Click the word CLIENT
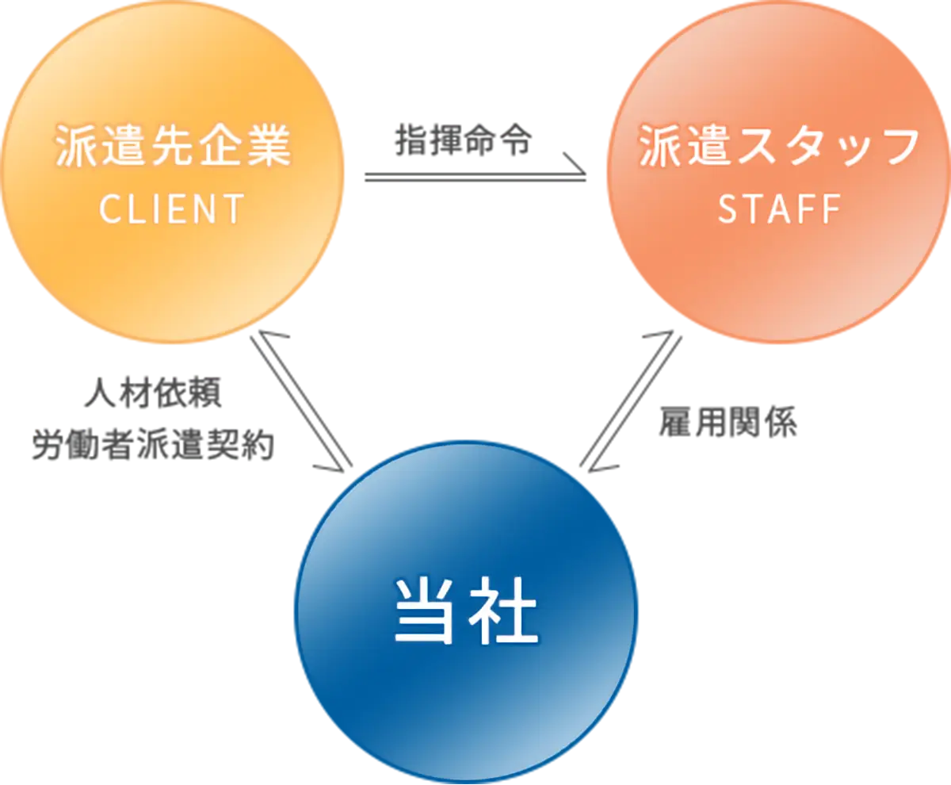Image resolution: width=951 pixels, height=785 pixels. (x=171, y=209)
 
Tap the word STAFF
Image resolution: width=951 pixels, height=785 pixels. (x=778, y=209)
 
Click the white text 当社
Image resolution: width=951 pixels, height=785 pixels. (x=466, y=612)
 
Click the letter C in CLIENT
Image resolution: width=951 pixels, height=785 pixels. (x=109, y=209)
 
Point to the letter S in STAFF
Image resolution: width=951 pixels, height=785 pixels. (x=728, y=209)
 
